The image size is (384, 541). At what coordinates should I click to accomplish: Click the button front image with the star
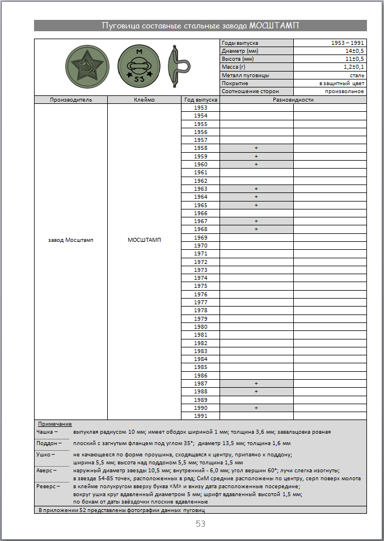[x=87, y=67]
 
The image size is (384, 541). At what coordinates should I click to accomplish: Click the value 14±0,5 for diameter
[x=355, y=51]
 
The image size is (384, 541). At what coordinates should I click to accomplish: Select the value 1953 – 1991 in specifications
[x=348, y=43]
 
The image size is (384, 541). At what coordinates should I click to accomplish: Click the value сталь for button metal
[x=357, y=75]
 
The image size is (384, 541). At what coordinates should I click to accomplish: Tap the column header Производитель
[x=71, y=99]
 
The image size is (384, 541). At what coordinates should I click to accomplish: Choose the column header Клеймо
[x=144, y=99]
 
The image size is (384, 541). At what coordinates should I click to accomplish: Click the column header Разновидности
[x=293, y=99]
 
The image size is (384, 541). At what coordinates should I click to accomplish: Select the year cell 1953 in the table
[x=201, y=108]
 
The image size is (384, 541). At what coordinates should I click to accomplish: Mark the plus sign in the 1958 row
[x=256, y=148]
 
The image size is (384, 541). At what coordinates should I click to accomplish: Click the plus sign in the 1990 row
[x=256, y=408]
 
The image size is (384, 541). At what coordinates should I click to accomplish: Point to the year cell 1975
[x=201, y=286]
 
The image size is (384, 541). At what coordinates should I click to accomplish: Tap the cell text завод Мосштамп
[x=71, y=240]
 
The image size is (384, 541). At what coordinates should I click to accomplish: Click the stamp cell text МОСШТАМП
[x=144, y=240]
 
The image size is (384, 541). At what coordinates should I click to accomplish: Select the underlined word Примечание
[x=55, y=424]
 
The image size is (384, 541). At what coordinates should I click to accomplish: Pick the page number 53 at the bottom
[x=200, y=524]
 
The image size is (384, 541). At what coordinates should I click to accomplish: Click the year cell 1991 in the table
[x=201, y=416]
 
